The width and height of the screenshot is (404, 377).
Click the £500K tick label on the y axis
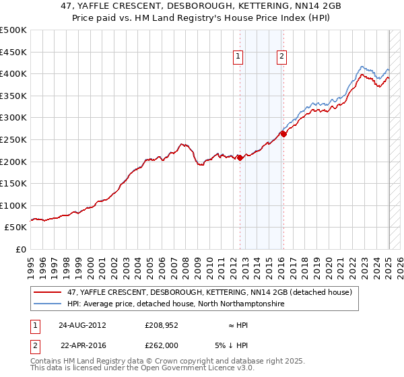(x=13, y=30)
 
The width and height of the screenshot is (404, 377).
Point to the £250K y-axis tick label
(x=13, y=139)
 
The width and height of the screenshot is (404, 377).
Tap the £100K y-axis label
(x=13, y=205)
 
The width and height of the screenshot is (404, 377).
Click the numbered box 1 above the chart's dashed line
(x=239, y=57)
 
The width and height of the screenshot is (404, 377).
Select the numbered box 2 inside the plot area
(x=281, y=57)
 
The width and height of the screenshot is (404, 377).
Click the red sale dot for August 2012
(x=240, y=158)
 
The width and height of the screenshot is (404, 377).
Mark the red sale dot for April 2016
(x=283, y=134)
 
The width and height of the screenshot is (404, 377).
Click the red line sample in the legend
(x=48, y=293)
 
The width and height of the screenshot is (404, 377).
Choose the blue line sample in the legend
(x=48, y=304)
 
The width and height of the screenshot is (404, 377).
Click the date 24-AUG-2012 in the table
(x=82, y=325)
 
